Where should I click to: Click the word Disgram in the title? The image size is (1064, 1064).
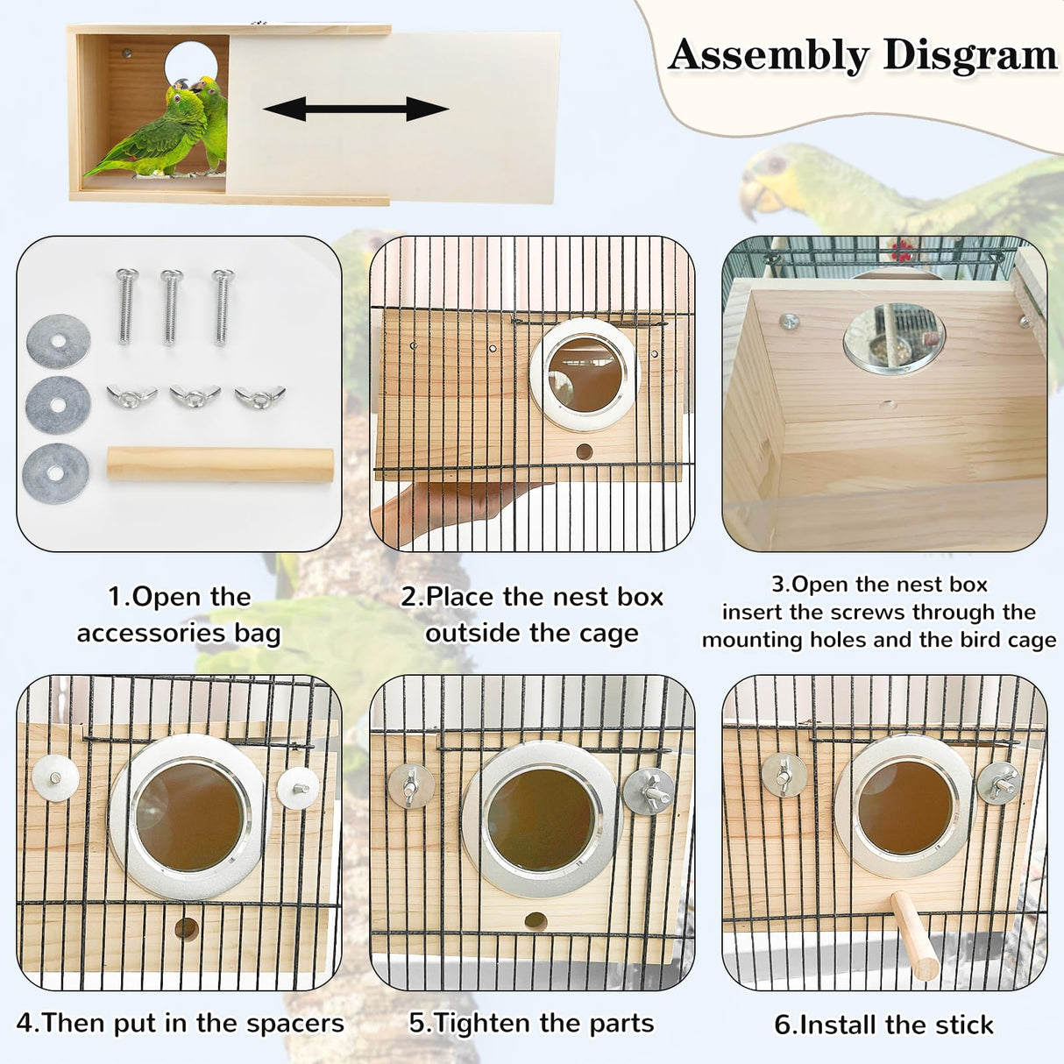coord(969,55)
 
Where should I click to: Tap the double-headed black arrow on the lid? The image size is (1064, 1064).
coord(356,110)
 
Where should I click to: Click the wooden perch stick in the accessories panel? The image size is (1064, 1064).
coord(220,465)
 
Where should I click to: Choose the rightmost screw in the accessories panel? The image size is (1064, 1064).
coord(222,307)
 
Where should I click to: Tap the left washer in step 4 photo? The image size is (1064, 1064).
coord(55,777)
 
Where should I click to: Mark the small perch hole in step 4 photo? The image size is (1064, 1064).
coord(186,927)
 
